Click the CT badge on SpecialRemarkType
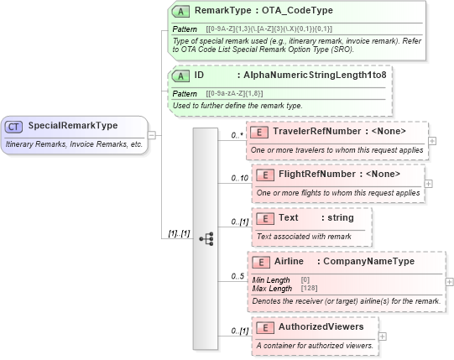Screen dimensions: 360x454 (14, 127)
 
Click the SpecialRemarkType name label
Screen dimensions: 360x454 (73, 127)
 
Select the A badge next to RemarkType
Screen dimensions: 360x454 (180, 12)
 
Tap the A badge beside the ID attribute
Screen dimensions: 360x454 (180, 76)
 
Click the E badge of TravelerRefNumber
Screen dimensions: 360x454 (260, 132)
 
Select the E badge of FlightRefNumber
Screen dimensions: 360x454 (265, 175)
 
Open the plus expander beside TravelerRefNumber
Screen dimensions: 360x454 (432, 140)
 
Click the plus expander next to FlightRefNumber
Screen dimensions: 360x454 (428, 183)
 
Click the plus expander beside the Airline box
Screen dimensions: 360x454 (449, 281)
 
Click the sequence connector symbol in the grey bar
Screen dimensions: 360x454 (206, 238)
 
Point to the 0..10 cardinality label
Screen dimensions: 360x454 (240, 178)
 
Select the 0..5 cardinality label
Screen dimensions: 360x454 (237, 276)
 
